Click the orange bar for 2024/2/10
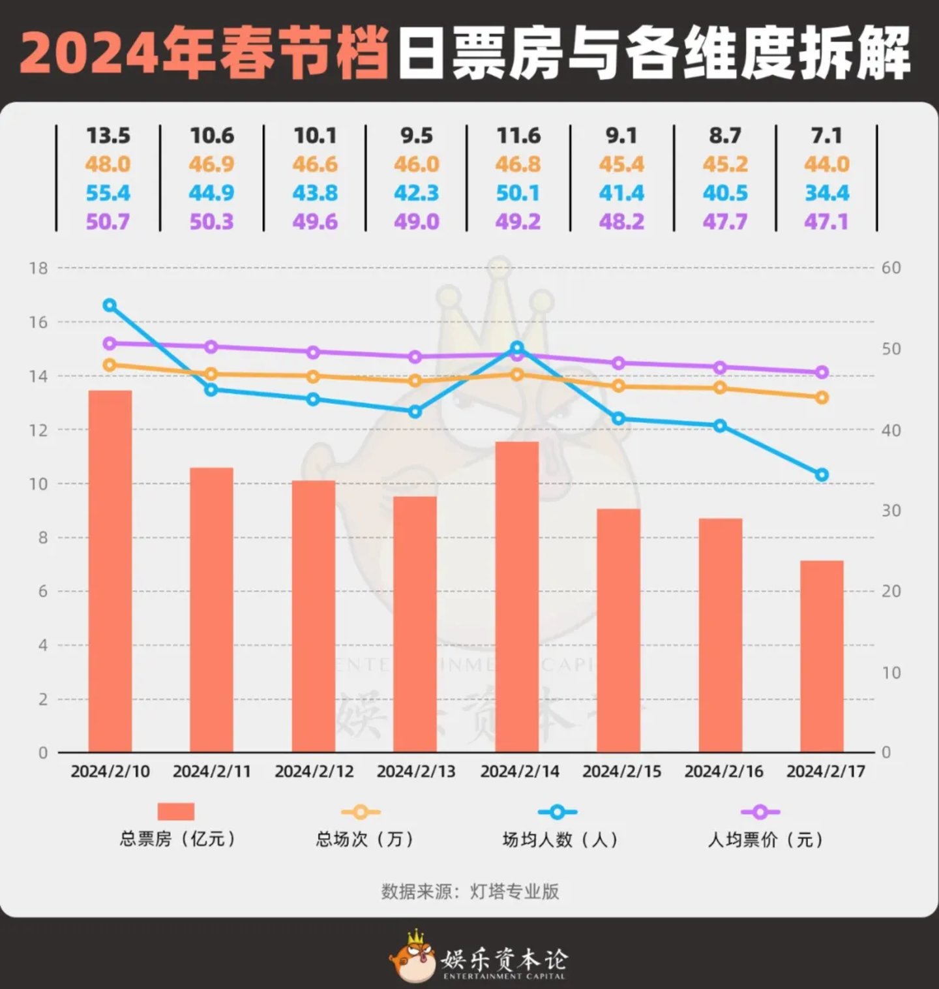[110, 571]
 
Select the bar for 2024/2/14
[517, 597]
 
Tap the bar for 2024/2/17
[822, 656]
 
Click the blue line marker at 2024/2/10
[110, 305]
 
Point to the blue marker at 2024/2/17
[822, 475]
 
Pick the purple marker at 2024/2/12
[313, 352]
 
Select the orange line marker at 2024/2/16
[720, 388]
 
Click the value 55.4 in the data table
[108, 193]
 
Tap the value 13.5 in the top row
[108, 136]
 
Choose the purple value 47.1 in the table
[826, 222]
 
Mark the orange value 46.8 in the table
[518, 164]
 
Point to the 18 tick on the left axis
[38, 268]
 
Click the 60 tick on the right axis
[891, 268]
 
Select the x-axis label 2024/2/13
[416, 771]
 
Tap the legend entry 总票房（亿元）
[177, 838]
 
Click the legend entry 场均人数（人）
[559, 839]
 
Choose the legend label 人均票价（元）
[766, 839]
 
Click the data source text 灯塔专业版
[514, 891]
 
